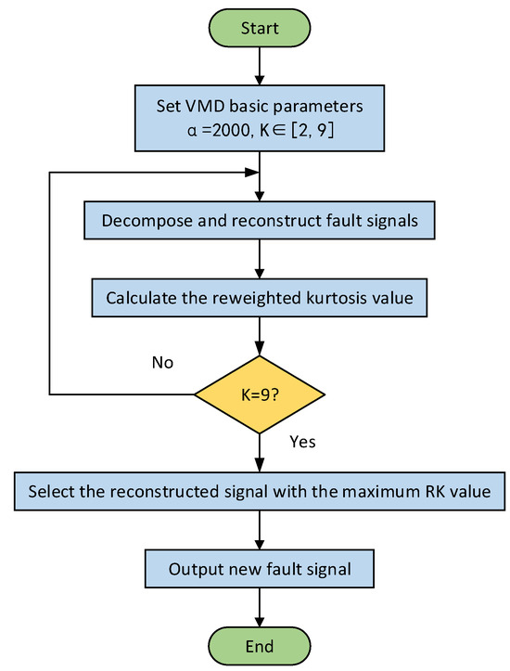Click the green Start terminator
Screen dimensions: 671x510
(x=260, y=29)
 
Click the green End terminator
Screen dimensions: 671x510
(x=260, y=644)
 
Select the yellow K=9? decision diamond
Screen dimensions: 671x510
(x=260, y=394)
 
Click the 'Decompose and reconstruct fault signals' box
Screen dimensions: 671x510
(x=260, y=223)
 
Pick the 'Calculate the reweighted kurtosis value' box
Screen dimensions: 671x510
(x=260, y=299)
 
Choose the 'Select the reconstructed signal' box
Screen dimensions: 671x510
(x=260, y=491)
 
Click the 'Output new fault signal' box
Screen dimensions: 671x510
(x=260, y=568)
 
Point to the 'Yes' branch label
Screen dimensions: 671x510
(x=303, y=442)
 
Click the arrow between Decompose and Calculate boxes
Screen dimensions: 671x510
(x=260, y=261)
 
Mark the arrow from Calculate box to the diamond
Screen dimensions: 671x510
(x=260, y=337)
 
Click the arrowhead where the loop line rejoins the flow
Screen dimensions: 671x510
(x=252, y=172)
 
